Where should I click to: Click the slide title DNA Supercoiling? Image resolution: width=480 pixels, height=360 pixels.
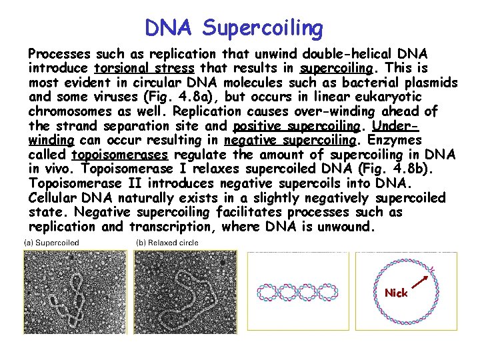pos(233,28)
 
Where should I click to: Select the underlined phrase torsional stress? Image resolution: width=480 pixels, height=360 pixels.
pos(145,68)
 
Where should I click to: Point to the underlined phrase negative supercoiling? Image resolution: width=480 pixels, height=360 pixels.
pos(289,140)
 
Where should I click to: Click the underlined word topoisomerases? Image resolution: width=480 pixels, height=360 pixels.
pos(119,155)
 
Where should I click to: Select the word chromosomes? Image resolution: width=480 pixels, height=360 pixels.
pos(66,111)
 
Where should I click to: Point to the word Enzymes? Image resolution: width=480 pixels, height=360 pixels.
pos(394,140)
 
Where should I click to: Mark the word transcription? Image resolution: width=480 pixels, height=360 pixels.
pos(180,227)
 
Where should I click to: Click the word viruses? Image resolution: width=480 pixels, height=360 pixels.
pos(107,97)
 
